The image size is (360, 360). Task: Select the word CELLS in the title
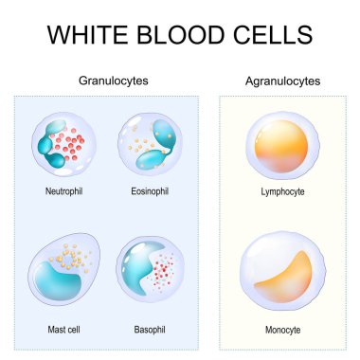coord(271,36)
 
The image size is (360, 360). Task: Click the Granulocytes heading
coord(112,81)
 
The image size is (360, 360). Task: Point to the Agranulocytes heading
coord(280,81)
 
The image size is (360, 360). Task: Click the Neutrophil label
coord(64,190)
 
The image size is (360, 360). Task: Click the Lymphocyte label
coord(281,190)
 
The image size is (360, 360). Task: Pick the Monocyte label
coord(281,331)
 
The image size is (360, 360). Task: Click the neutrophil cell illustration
coord(63,144)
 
